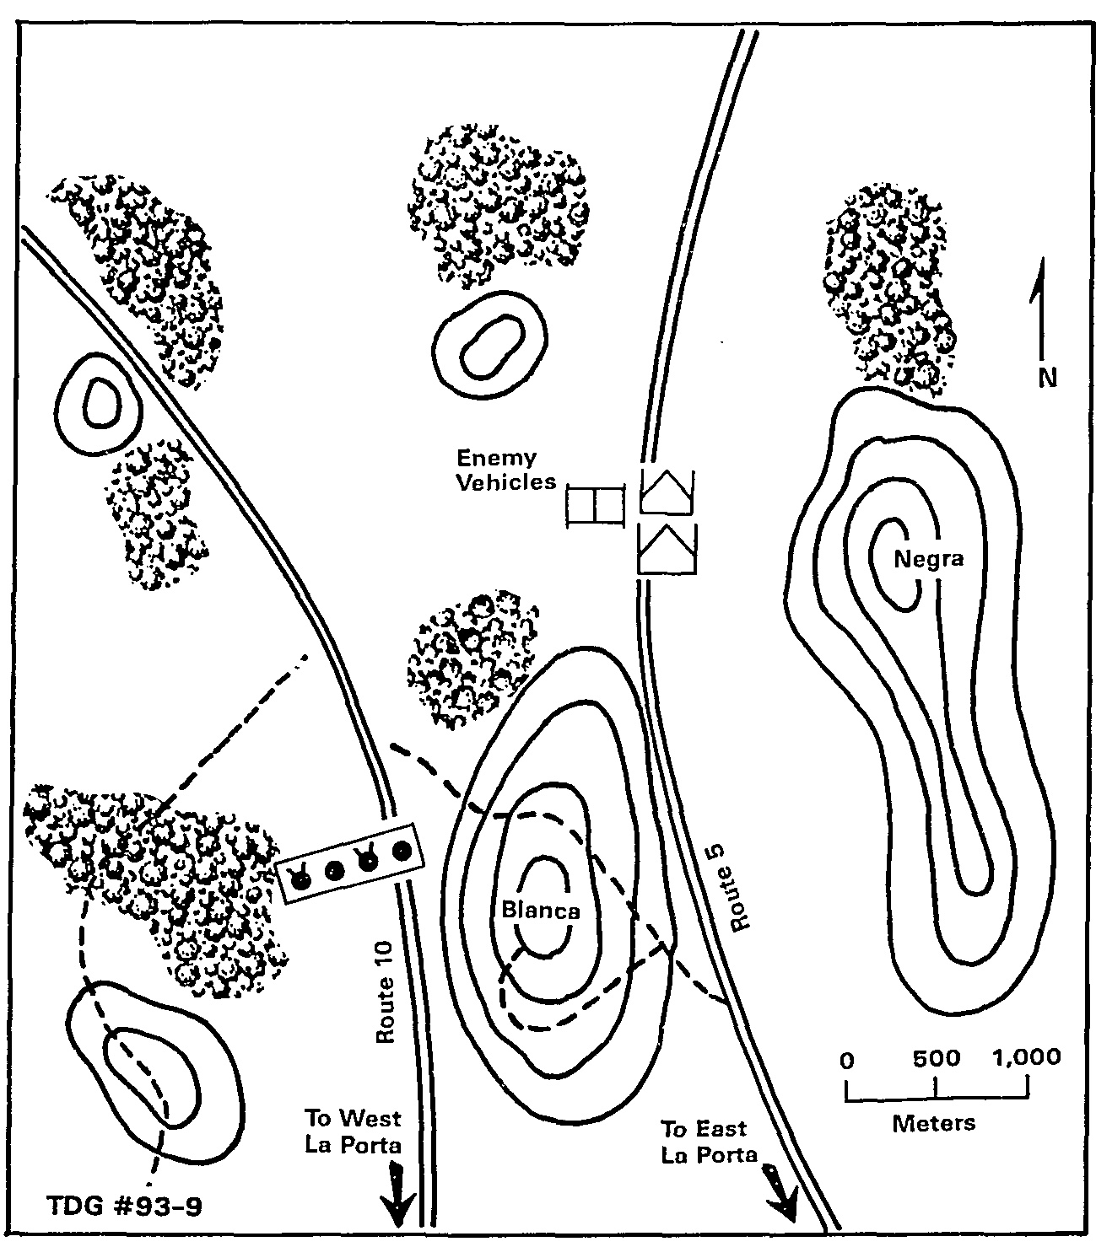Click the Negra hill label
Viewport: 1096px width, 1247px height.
pyautogui.click(x=928, y=559)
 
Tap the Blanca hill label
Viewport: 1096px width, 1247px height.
pyautogui.click(x=541, y=911)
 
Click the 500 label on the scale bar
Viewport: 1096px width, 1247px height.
pyautogui.click(x=937, y=1058)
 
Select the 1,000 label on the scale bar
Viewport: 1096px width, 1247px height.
pyautogui.click(x=1026, y=1058)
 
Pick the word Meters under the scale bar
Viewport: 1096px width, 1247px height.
pyautogui.click(x=934, y=1123)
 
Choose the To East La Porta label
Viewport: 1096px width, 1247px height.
pyautogui.click(x=709, y=1142)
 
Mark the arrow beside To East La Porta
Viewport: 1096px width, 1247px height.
pyautogui.click(x=782, y=1191)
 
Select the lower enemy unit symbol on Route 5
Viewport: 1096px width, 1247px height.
pyautogui.click(x=667, y=549)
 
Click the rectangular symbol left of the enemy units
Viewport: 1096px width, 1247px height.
pyautogui.click(x=596, y=505)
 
